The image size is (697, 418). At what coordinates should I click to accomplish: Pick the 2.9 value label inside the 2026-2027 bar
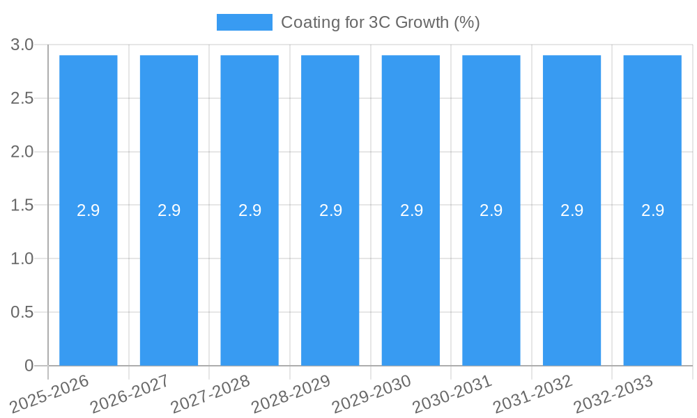tap(169, 210)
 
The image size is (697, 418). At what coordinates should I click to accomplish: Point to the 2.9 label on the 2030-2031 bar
tap(491, 210)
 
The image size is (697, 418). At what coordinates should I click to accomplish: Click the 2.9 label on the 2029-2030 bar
tap(411, 210)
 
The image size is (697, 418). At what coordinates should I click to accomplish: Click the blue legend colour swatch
tap(244, 22)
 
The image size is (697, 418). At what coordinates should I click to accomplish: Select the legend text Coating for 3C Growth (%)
tap(380, 22)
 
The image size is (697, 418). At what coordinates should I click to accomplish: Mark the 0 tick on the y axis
tap(29, 366)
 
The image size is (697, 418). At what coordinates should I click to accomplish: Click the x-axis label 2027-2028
tap(210, 394)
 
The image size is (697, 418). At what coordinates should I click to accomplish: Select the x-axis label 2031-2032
tap(533, 394)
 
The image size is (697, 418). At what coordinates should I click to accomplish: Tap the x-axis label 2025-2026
tap(49, 394)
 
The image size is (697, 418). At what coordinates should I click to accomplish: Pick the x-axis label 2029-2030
tap(372, 394)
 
